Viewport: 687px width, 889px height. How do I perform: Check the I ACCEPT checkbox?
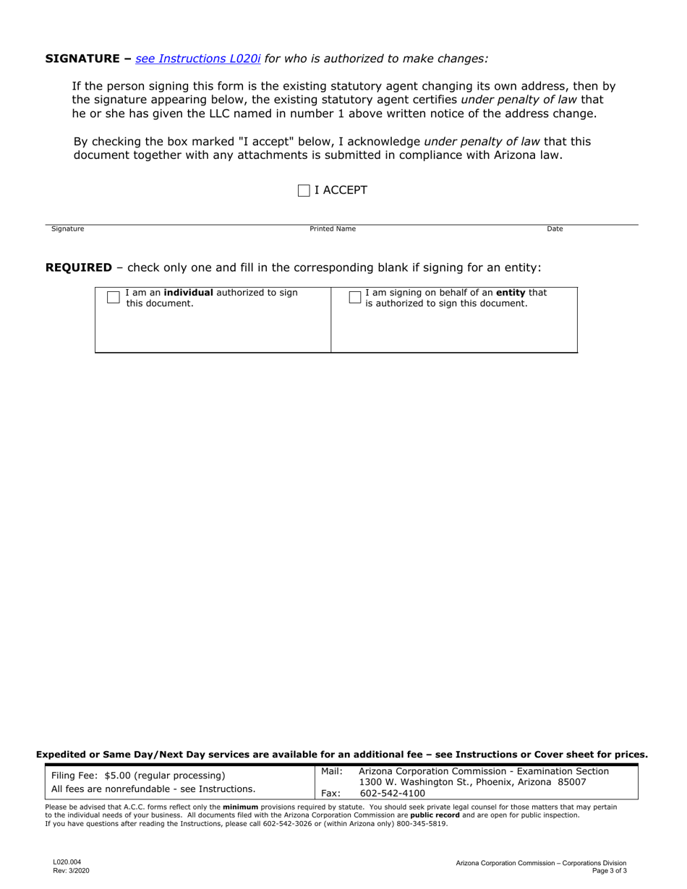click(x=304, y=191)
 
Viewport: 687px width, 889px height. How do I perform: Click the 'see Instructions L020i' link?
click(x=197, y=58)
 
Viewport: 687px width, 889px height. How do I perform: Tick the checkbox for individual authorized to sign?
click(x=113, y=297)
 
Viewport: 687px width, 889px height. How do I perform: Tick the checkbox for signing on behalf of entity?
click(x=354, y=297)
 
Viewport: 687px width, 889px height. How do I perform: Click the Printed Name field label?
click(x=333, y=229)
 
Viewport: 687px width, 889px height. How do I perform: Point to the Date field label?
click(x=555, y=229)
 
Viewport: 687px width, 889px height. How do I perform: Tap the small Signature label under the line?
click(x=67, y=229)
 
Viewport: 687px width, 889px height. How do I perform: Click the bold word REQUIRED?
click(x=79, y=267)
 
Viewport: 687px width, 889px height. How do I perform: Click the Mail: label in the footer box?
click(x=331, y=771)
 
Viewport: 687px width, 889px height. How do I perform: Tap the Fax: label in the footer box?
click(x=330, y=793)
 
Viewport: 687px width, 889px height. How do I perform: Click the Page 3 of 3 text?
click(x=609, y=871)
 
